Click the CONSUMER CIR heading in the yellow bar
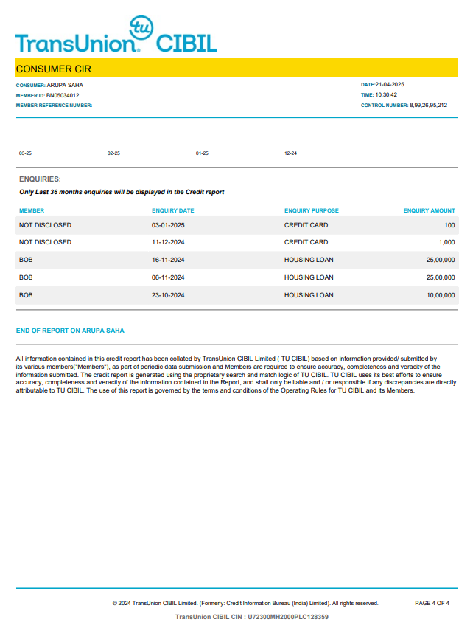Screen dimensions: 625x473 click(x=53, y=69)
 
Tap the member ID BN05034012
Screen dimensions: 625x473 click(x=63, y=95)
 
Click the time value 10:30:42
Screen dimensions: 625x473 click(x=386, y=95)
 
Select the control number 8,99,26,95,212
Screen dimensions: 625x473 click(x=428, y=106)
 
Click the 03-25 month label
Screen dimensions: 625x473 click(x=25, y=153)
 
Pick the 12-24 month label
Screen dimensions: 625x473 click(x=290, y=153)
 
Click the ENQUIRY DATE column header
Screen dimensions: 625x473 click(x=172, y=210)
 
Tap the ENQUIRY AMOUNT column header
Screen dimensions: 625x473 click(x=429, y=210)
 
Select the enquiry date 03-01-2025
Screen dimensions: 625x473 click(x=168, y=225)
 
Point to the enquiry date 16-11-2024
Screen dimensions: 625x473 click(x=168, y=260)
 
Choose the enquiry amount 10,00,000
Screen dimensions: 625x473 click(x=441, y=295)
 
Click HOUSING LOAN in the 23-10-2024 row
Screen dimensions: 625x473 click(x=309, y=295)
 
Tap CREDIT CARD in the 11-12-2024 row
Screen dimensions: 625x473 click(x=306, y=242)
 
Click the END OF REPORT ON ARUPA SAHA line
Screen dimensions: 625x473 click(x=70, y=331)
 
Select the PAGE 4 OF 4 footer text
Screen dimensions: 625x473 click(x=432, y=603)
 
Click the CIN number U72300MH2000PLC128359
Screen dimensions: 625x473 click(x=287, y=616)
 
